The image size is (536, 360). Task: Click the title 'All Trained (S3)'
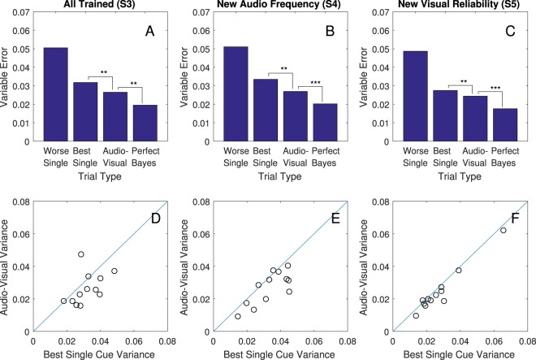click(101, 6)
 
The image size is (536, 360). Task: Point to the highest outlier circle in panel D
click(81, 254)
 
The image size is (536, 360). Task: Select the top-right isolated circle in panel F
click(503, 230)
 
